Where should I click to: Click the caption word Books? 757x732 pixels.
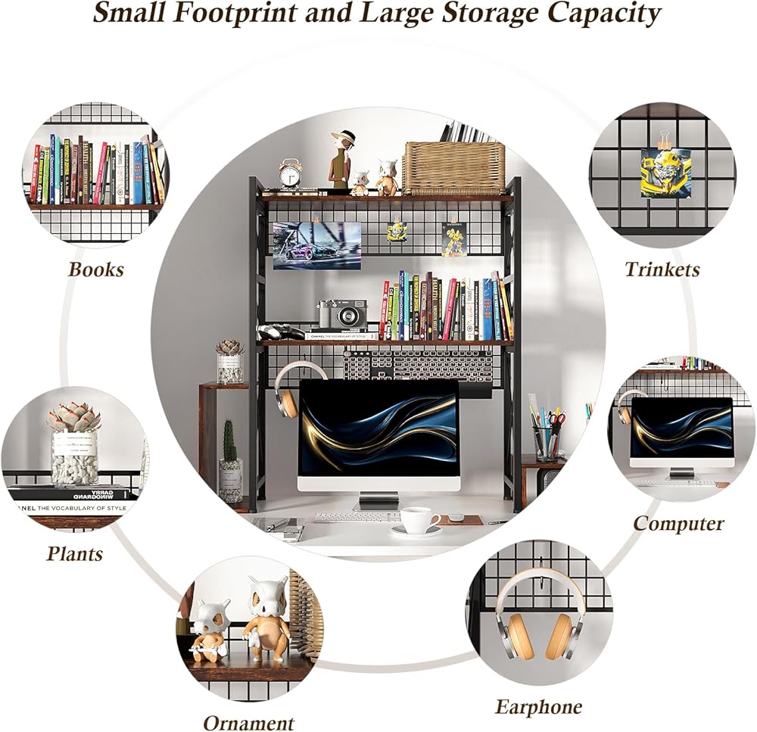(95, 269)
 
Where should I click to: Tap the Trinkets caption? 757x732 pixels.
(662, 269)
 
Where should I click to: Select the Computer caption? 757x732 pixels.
(678, 523)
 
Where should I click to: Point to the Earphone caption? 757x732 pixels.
(538, 707)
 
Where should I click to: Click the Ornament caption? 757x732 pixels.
(248, 722)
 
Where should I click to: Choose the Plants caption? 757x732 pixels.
(74, 553)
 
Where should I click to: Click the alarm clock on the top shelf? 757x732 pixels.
(290, 173)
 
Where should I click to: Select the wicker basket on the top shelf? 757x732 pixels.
(453, 167)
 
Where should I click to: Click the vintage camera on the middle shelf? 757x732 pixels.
(343, 313)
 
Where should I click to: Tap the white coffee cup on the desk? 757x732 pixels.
(417, 522)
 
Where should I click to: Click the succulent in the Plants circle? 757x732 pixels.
(74, 419)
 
